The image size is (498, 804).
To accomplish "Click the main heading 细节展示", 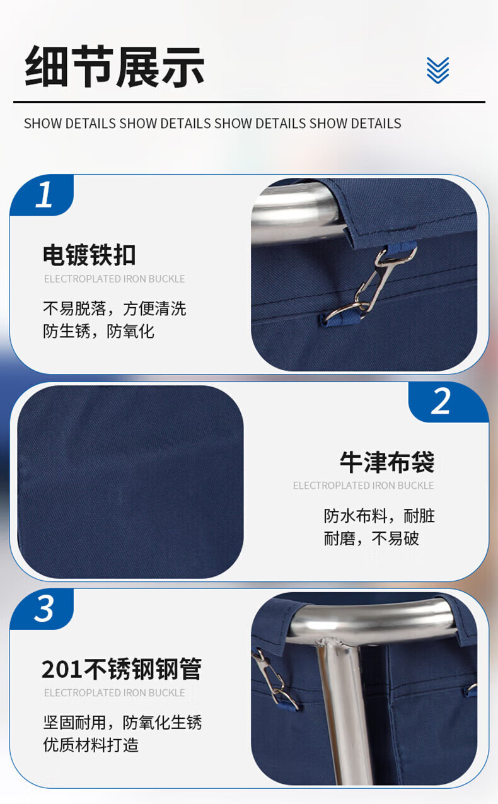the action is click(x=115, y=67).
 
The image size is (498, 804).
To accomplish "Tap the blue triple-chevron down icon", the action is click(x=437, y=70).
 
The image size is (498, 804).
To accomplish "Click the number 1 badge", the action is click(x=42, y=195).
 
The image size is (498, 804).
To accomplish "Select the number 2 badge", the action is click(x=448, y=402).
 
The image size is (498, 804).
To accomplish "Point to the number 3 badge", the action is click(x=42, y=609).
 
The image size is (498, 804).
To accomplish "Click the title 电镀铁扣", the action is click(x=89, y=255).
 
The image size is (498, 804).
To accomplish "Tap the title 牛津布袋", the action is click(x=387, y=462).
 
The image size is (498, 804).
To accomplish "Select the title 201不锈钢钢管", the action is click(x=121, y=669).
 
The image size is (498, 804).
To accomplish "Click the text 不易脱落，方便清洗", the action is click(x=115, y=308).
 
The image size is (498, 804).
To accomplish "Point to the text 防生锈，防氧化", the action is click(x=99, y=331).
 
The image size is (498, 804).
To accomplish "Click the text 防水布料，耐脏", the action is click(x=379, y=516).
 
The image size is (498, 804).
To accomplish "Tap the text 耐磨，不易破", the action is click(x=371, y=539).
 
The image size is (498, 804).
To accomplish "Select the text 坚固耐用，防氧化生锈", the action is click(x=122, y=722).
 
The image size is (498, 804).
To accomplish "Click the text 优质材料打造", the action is click(x=91, y=745).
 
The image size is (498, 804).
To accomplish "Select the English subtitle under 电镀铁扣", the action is click(x=115, y=279).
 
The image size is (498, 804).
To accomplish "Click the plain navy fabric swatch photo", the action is click(x=130, y=482).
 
